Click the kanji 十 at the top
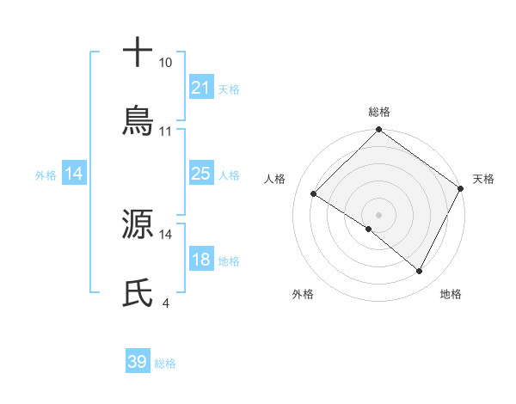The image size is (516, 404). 138,52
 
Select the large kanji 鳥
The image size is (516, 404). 138,121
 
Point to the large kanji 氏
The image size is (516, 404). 138,293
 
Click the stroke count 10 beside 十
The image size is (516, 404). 165,63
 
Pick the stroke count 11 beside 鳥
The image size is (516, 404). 166,132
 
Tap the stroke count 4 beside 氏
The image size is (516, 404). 164,303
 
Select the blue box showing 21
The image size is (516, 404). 201,88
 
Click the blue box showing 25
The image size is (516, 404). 201,174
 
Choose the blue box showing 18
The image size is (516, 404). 201,260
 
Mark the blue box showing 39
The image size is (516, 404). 138,362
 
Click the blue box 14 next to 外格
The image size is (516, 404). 75,174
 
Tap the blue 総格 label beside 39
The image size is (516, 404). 166,364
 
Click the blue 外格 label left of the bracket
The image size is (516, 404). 46,175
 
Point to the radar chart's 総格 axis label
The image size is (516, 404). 379,112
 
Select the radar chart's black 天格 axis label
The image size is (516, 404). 483,179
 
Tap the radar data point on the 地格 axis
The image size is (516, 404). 420,272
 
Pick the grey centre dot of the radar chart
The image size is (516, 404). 379,214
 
